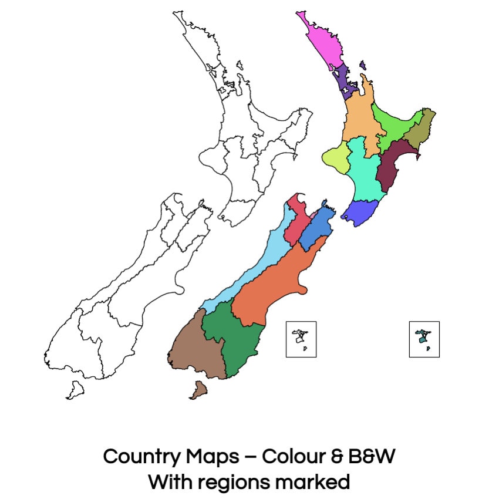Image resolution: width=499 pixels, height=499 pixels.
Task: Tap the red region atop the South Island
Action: coord(297,226)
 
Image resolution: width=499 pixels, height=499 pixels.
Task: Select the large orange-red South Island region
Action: coord(276,288)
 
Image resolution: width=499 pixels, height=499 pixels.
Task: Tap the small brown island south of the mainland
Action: coord(198,389)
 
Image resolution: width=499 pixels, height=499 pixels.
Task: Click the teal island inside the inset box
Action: coord(422,339)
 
